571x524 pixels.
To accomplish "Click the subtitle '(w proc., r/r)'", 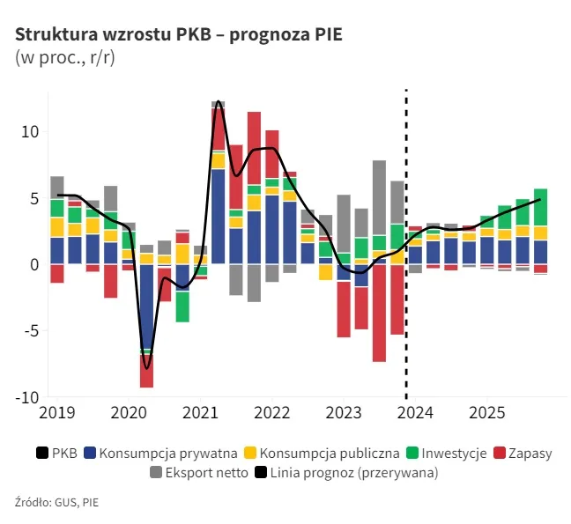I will click(64, 58).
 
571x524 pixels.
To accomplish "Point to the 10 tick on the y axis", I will click(30, 132).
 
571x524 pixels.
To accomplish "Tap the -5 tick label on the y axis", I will click(30, 331).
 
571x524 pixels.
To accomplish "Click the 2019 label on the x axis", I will click(57, 412).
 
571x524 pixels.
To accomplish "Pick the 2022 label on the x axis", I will click(271, 412).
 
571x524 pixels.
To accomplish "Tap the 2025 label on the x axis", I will click(486, 412).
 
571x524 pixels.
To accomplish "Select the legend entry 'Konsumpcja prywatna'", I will click(168, 454).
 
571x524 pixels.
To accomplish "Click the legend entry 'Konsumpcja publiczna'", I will click(330, 454).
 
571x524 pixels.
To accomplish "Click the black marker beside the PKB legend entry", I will click(41, 454).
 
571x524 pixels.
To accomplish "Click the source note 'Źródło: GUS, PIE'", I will click(56, 503).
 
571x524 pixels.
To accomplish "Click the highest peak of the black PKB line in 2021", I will click(218, 101).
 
